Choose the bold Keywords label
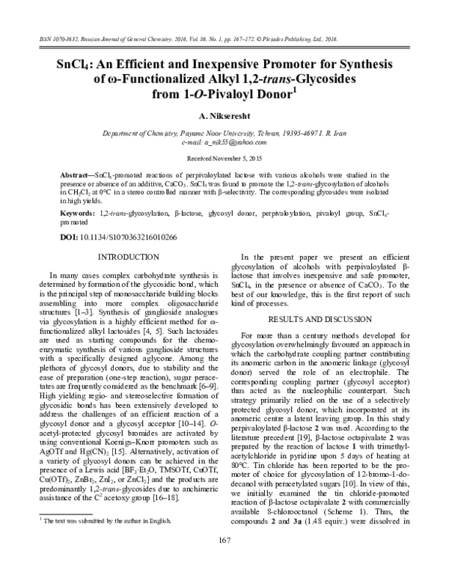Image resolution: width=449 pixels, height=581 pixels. click(77, 213)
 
